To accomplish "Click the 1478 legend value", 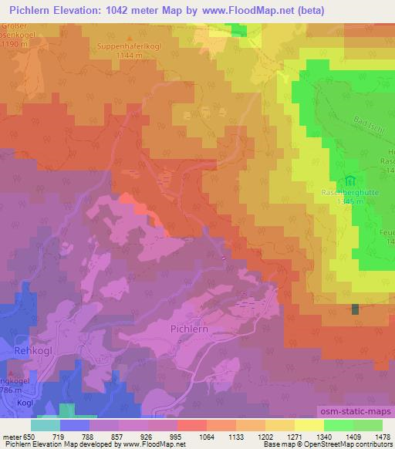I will [x=371, y=436].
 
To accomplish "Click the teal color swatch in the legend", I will [x=45, y=424].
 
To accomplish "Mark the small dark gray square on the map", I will [x=355, y=309].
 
